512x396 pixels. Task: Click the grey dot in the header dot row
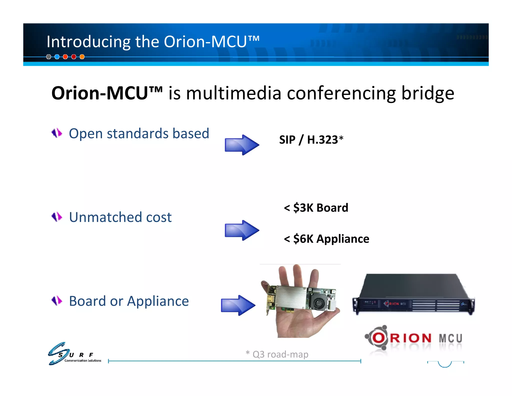[49, 57]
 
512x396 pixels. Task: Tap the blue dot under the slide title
[57, 57]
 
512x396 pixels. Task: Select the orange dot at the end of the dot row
[82, 57]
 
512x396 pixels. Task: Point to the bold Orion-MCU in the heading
[107, 93]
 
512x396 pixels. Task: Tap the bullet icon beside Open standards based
[57, 133]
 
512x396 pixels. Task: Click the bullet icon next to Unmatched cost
[57, 217]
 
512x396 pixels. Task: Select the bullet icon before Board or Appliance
[57, 301]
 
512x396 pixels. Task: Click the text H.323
[322, 140]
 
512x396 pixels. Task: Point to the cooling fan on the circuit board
[318, 303]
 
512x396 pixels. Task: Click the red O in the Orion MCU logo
[379, 338]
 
